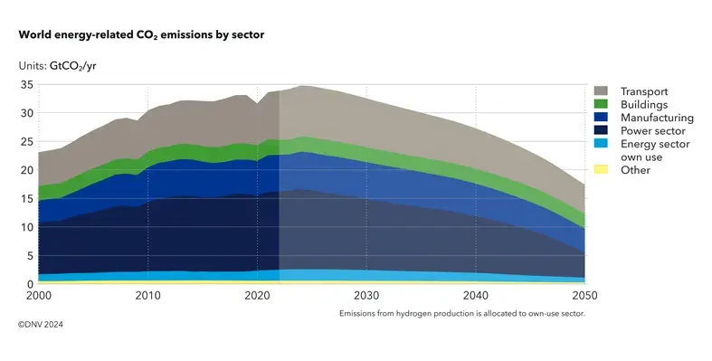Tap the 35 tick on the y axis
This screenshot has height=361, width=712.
click(26, 84)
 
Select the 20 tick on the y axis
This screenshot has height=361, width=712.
click(26, 170)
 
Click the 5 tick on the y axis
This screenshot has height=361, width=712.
click(29, 256)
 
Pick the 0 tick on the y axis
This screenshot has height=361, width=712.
click(29, 284)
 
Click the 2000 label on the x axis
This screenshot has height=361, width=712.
click(38, 297)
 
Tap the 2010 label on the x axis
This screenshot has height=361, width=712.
click(147, 297)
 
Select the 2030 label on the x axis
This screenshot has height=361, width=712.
click(366, 297)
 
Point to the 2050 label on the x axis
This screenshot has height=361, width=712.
click(584, 297)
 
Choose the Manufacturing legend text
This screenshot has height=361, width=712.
click(657, 118)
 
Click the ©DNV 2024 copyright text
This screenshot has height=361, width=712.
click(42, 322)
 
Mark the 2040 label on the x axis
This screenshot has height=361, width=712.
click(475, 297)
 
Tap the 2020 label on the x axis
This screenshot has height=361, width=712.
click(257, 297)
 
